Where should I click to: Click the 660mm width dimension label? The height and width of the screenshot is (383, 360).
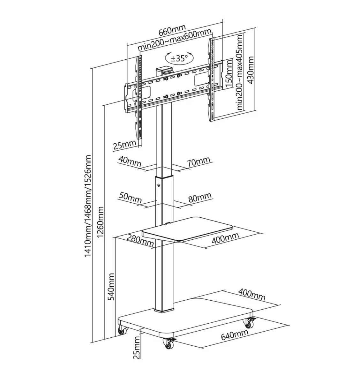click(x=172, y=30)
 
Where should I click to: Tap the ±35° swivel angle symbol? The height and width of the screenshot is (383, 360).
click(x=179, y=58)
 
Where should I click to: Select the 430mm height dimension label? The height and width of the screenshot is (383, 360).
click(x=251, y=70)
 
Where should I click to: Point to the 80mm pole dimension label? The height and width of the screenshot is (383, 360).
click(x=200, y=197)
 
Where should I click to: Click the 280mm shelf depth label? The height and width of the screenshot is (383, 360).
click(x=140, y=240)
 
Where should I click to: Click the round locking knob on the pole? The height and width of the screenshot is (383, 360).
click(x=158, y=185)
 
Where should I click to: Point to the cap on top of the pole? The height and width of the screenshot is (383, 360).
click(x=164, y=70)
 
